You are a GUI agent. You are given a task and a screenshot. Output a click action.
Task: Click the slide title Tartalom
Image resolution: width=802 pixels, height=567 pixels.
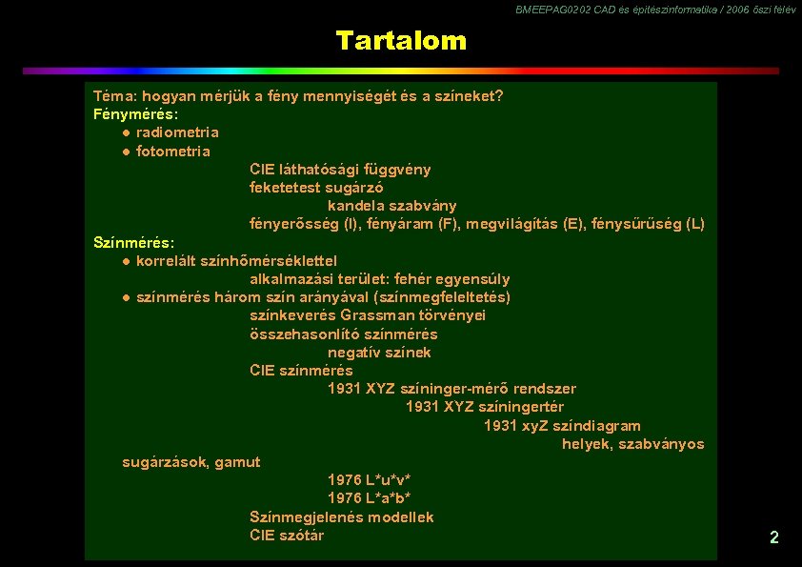coord(401,41)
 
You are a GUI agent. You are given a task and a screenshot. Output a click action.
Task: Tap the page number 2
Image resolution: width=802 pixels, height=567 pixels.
coord(773,537)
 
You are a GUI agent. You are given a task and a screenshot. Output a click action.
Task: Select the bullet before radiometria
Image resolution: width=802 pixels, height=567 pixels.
coord(126,132)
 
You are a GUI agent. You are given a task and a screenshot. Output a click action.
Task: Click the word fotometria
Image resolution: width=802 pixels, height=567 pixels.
coord(173,152)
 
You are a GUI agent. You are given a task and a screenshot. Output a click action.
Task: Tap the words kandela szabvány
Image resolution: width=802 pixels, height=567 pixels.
coord(392,206)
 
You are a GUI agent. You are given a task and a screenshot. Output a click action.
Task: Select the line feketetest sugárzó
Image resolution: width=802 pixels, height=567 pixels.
coord(316,188)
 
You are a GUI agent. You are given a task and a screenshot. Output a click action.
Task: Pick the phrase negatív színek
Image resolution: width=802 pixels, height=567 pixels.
coord(379,353)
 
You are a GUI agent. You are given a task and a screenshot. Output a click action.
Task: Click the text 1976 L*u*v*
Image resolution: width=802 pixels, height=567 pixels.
coord(370,480)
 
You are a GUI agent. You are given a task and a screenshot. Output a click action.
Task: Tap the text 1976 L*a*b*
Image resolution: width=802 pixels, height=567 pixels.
coord(370,498)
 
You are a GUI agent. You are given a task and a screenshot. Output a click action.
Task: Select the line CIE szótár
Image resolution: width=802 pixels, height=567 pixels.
coord(287,536)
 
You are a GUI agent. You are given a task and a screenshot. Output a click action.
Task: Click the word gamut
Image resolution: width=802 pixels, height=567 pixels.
coord(237,462)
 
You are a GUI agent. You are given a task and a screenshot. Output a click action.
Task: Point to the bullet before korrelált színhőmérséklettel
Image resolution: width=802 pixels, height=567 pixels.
coord(126,261)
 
